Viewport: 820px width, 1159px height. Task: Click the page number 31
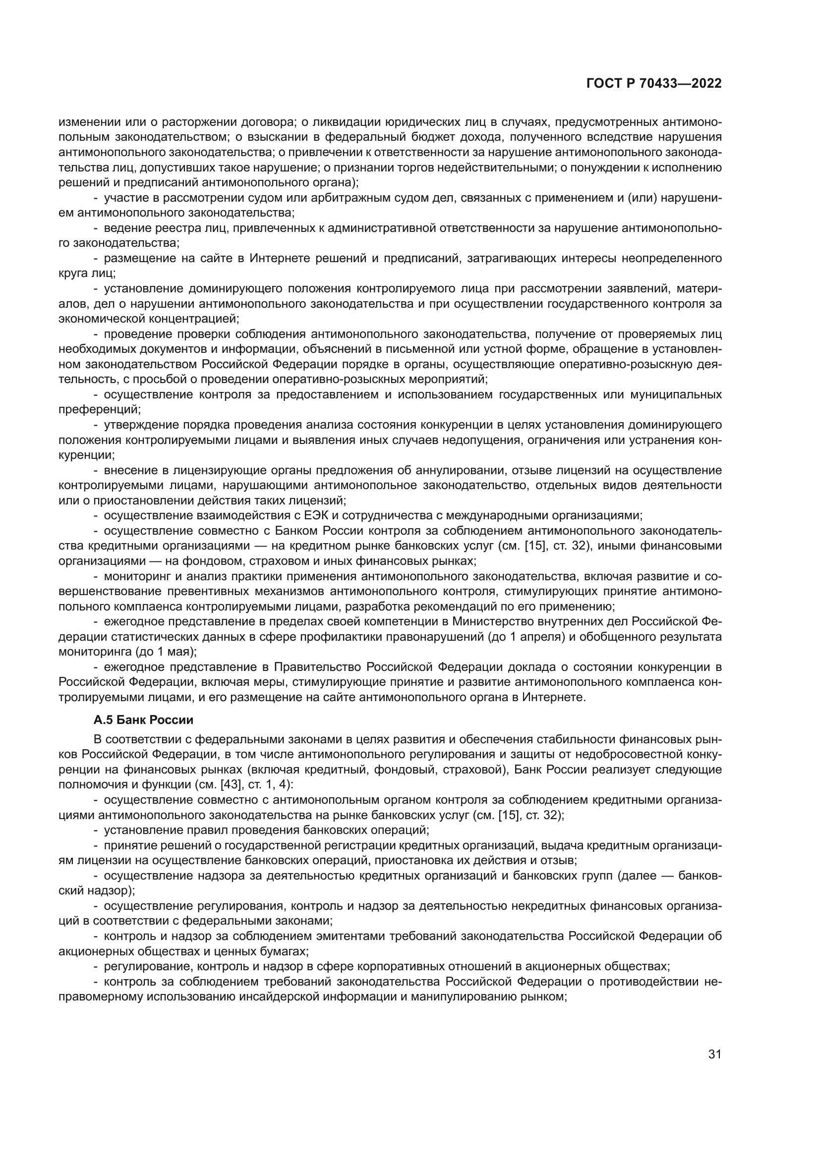tap(714, 1050)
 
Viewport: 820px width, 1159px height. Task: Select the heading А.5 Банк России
tap(143, 720)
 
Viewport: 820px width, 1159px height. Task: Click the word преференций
tap(100, 410)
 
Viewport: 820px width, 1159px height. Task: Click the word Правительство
tap(318, 667)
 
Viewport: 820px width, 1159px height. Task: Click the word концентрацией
tap(199, 319)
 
